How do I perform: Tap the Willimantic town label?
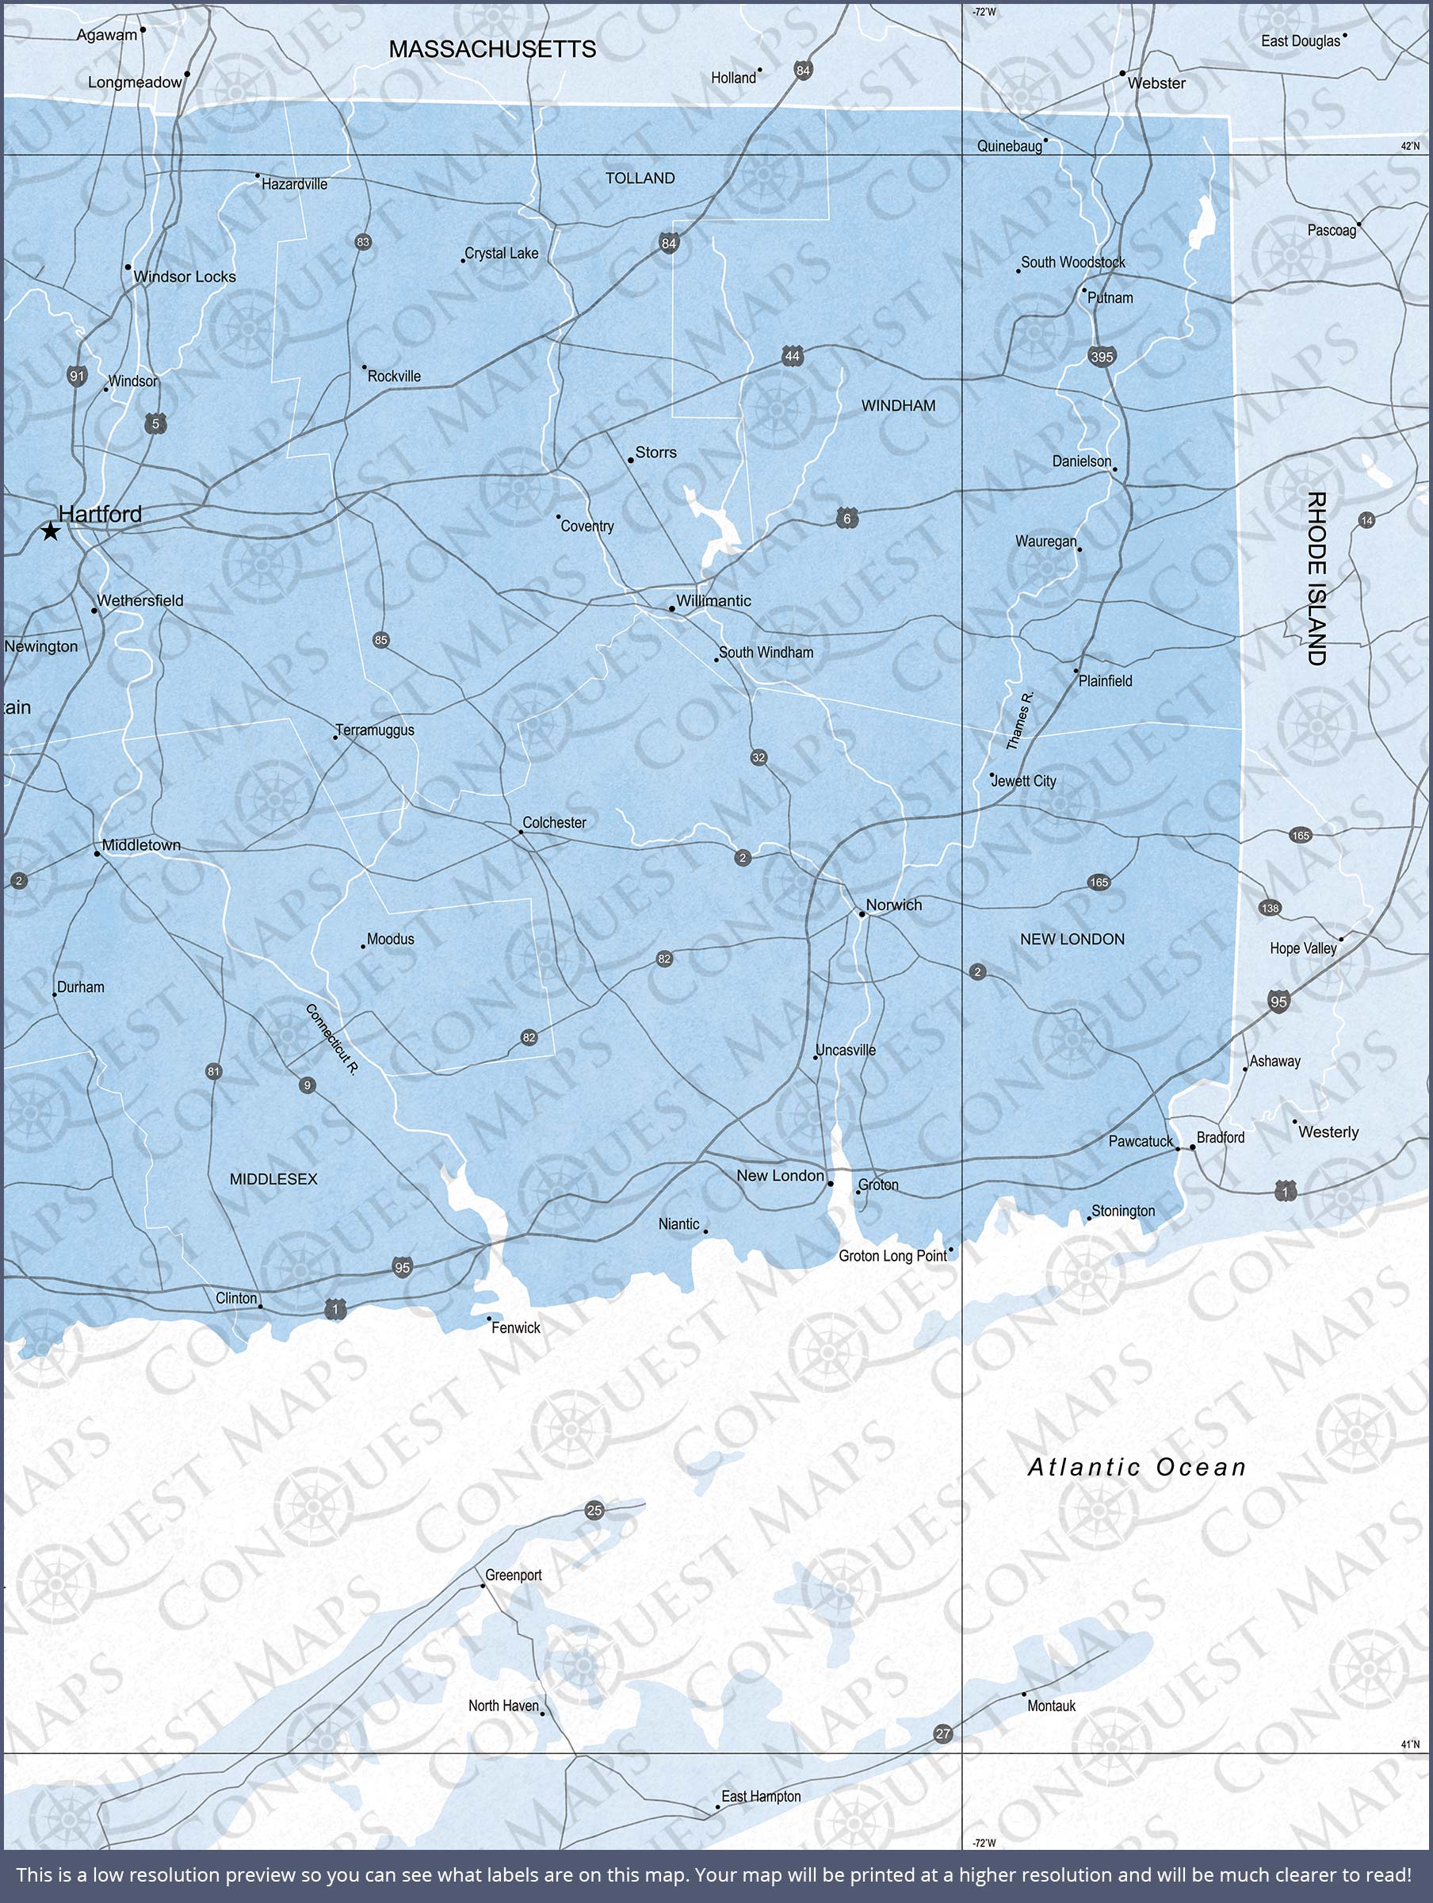tap(713, 600)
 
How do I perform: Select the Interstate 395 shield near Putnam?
tap(1102, 356)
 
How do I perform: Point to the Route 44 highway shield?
tap(793, 356)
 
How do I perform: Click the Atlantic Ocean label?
tap(1137, 1467)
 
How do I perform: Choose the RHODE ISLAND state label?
tap(1316, 578)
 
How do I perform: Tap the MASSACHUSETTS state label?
tap(492, 49)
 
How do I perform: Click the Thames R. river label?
tap(1019, 720)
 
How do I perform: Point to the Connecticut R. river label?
tap(332, 1039)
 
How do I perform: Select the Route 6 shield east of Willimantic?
tap(847, 519)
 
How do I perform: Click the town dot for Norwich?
tap(862, 914)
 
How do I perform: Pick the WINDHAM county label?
tap(898, 405)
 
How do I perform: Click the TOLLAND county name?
tap(640, 178)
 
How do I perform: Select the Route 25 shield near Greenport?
tap(594, 1510)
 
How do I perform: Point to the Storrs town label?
tap(655, 453)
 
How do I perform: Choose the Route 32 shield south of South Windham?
tap(758, 757)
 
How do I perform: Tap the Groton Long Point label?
tap(892, 1256)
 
